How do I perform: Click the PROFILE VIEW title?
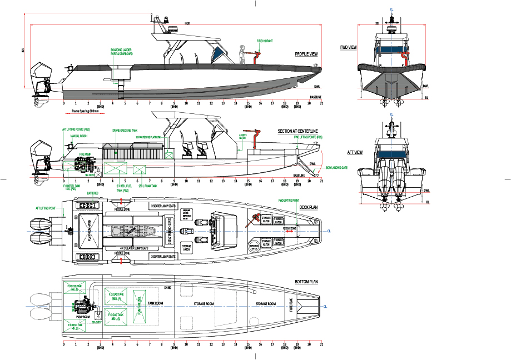(306, 54)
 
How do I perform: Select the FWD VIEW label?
(348, 48)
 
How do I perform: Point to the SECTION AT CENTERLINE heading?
(297, 132)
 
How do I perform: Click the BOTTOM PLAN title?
(306, 282)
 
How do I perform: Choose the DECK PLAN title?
(309, 207)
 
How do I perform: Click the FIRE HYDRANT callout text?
(264, 41)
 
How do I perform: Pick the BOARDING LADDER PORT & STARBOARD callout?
(122, 52)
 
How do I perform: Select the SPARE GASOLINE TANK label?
(125, 130)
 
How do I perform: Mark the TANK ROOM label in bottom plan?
(155, 304)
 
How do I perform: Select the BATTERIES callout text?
(93, 193)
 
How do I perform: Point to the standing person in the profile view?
(241, 54)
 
